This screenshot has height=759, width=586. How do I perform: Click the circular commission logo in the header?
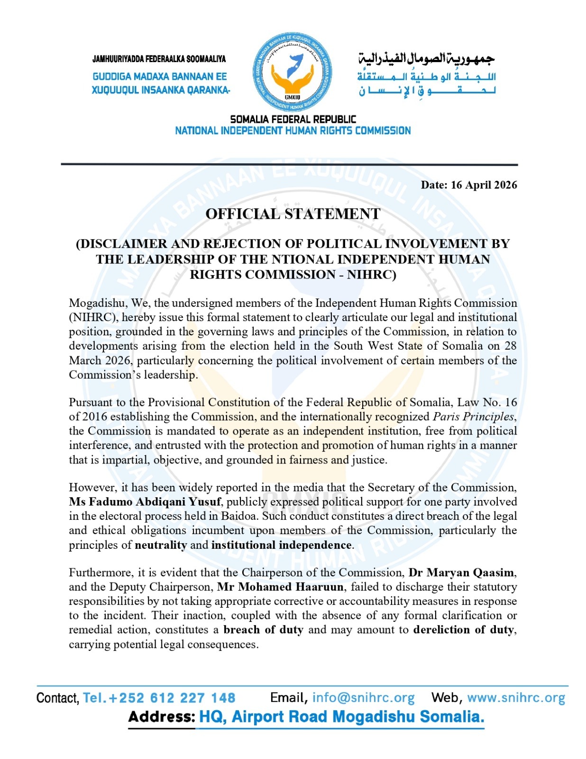click(x=293, y=73)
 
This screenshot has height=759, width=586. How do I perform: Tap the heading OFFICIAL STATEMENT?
click(x=293, y=214)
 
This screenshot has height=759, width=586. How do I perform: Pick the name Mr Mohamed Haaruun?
click(x=280, y=587)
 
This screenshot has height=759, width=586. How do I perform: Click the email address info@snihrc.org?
click(x=363, y=698)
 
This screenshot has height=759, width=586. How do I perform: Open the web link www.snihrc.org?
click(x=516, y=698)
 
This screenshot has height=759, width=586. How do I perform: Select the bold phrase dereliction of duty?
click(x=464, y=630)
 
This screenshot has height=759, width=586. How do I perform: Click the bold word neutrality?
click(x=161, y=545)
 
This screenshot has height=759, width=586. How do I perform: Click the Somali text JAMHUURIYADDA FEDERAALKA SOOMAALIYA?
click(x=159, y=59)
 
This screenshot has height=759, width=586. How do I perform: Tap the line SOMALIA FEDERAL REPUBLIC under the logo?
click(x=293, y=119)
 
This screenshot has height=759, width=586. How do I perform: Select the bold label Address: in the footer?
click(x=161, y=717)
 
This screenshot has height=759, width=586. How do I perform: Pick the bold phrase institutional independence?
click(x=282, y=545)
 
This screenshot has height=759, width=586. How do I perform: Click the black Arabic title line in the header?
click(x=426, y=59)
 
